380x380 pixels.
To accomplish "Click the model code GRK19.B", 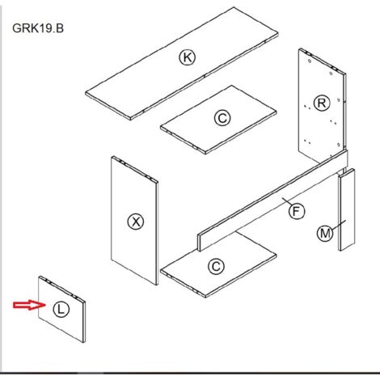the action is [x=38, y=28].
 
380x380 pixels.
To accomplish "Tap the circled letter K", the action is [x=188, y=57].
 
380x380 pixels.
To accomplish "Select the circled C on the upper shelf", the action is [x=222, y=118].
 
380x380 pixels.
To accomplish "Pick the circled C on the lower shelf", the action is [x=216, y=267].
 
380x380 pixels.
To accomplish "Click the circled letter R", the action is [x=322, y=103].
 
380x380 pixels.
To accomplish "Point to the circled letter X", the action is [x=136, y=222].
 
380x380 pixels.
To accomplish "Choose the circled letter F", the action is [x=297, y=211].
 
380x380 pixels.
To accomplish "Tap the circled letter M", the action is [x=325, y=234].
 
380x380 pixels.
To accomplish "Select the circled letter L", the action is [x=61, y=309].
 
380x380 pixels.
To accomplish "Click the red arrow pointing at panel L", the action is [x=30, y=305].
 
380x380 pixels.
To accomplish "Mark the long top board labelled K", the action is [x=182, y=63].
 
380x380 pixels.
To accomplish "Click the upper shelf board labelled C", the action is [x=218, y=120].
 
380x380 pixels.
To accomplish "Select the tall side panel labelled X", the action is [x=134, y=220].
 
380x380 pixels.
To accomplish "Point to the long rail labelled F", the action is [x=272, y=201].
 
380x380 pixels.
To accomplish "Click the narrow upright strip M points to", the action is [x=346, y=209].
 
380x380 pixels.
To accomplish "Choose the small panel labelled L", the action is [x=61, y=309].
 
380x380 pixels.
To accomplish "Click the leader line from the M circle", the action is [x=339, y=225].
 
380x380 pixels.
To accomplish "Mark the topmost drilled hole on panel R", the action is [x=310, y=61].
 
